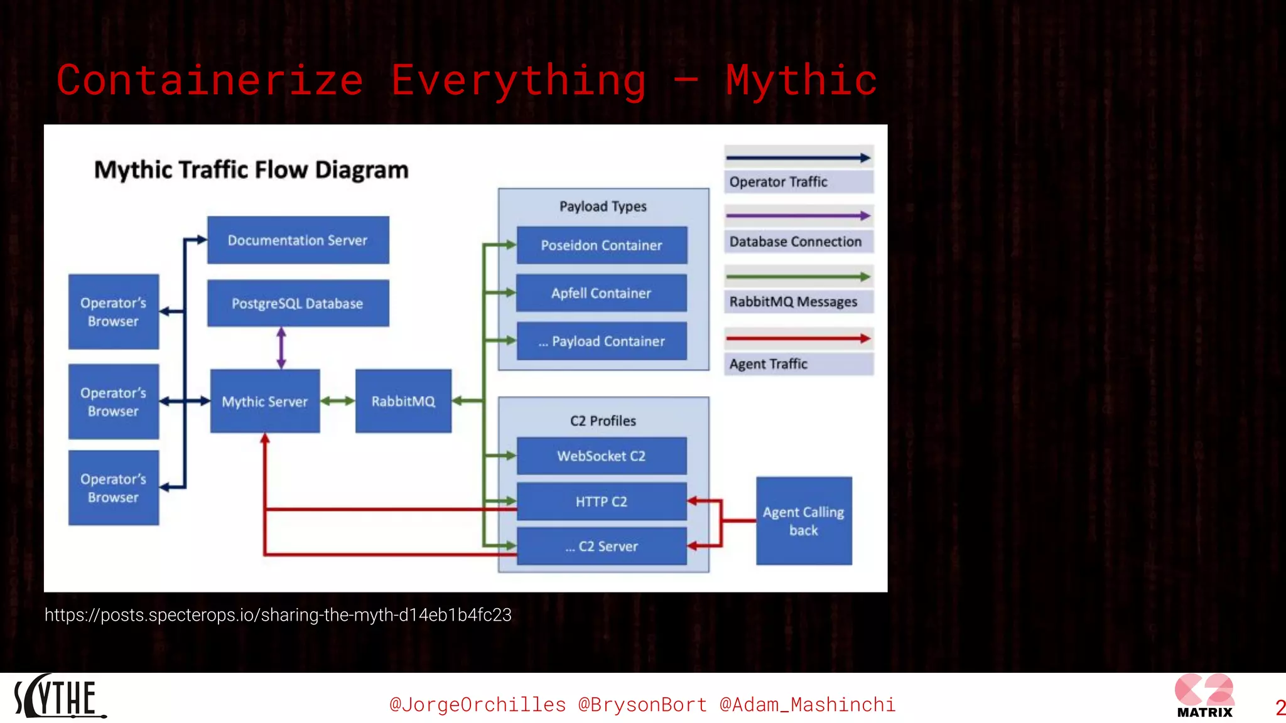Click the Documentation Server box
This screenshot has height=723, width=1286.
[x=298, y=240]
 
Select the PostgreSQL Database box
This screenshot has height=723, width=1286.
[x=298, y=303]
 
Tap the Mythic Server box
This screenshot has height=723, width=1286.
[x=264, y=401]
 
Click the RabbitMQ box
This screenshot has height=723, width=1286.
[x=403, y=401]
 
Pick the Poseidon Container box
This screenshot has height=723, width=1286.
[x=601, y=245]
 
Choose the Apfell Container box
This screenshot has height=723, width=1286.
[x=601, y=293]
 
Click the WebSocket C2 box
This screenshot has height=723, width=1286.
[x=601, y=456]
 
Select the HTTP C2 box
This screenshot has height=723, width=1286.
[x=601, y=501]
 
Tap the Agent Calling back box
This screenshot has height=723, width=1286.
[x=803, y=521]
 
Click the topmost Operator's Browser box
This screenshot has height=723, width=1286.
[x=113, y=312]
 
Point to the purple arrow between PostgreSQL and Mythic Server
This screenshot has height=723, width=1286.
[x=281, y=348]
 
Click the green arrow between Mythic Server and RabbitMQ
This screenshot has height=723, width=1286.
[x=338, y=401]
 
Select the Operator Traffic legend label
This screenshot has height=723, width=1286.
[x=778, y=182]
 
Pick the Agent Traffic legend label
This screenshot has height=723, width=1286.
[x=768, y=364]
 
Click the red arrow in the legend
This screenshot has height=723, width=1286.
[x=797, y=339]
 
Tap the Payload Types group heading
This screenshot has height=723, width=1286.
[x=603, y=206]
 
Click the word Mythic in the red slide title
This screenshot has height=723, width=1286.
[x=801, y=80]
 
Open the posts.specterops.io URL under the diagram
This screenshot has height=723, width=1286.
[x=278, y=615]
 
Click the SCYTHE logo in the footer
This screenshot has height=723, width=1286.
[x=58, y=697]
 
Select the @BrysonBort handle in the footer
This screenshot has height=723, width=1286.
[x=642, y=705]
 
